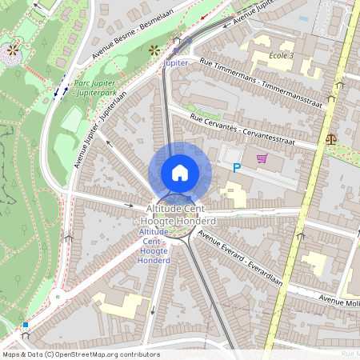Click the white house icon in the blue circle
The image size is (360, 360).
[180, 173]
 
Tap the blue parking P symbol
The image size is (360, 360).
[236, 168]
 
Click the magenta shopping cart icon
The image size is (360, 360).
[262, 158]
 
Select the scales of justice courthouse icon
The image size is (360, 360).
[331, 138]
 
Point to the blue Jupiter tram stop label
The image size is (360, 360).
[175, 62]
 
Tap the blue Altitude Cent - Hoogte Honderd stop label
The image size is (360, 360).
[154, 246]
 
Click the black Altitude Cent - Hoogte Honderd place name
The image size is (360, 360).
[180, 214]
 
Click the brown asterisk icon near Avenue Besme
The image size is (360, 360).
[154, 50]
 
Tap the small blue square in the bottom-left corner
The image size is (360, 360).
[26, 326]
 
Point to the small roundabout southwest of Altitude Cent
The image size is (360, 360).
[56, 297]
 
